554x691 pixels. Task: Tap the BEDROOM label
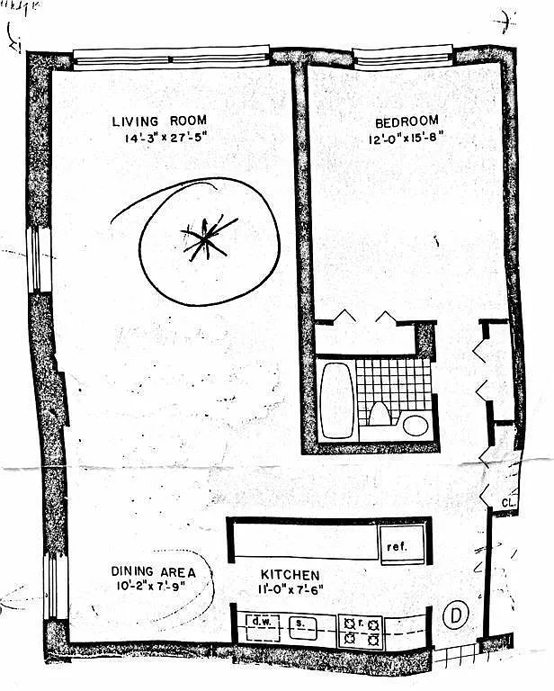click(x=407, y=121)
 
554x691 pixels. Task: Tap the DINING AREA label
click(x=149, y=570)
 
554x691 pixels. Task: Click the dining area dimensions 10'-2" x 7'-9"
click(x=149, y=586)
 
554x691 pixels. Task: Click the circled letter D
click(x=457, y=616)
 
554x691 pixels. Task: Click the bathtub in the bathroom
click(x=336, y=399)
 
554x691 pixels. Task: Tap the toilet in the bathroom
click(x=379, y=415)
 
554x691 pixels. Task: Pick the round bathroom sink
click(x=415, y=424)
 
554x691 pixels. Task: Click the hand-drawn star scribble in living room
click(x=208, y=237)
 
